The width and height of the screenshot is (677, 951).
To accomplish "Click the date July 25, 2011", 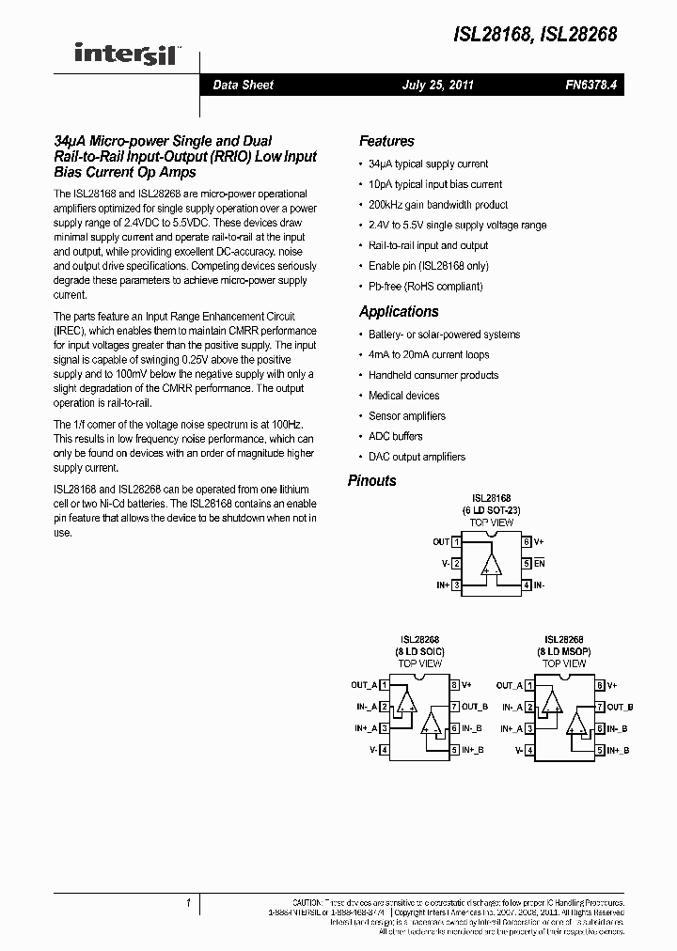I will click(437, 85).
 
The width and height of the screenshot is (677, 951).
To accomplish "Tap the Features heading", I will click(386, 141).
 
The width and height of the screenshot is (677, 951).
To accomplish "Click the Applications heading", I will click(399, 312).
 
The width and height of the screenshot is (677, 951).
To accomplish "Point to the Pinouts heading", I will click(372, 480).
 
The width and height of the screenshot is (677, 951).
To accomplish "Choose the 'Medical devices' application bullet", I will click(403, 396).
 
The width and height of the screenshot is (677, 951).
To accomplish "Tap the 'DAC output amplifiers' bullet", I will click(417, 457).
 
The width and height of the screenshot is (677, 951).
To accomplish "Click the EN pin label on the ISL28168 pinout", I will click(540, 564).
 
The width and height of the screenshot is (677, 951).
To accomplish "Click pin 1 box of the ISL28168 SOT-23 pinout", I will click(456, 542).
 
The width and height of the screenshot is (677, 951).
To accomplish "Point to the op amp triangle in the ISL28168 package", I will click(491, 564).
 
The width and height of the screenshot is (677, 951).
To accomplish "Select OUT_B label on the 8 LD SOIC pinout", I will click(475, 707).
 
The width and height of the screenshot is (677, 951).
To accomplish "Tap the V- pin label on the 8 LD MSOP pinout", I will click(519, 750).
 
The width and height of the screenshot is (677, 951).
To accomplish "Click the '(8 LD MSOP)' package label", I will click(563, 651).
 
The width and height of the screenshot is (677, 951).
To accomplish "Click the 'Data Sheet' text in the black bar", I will click(243, 85).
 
